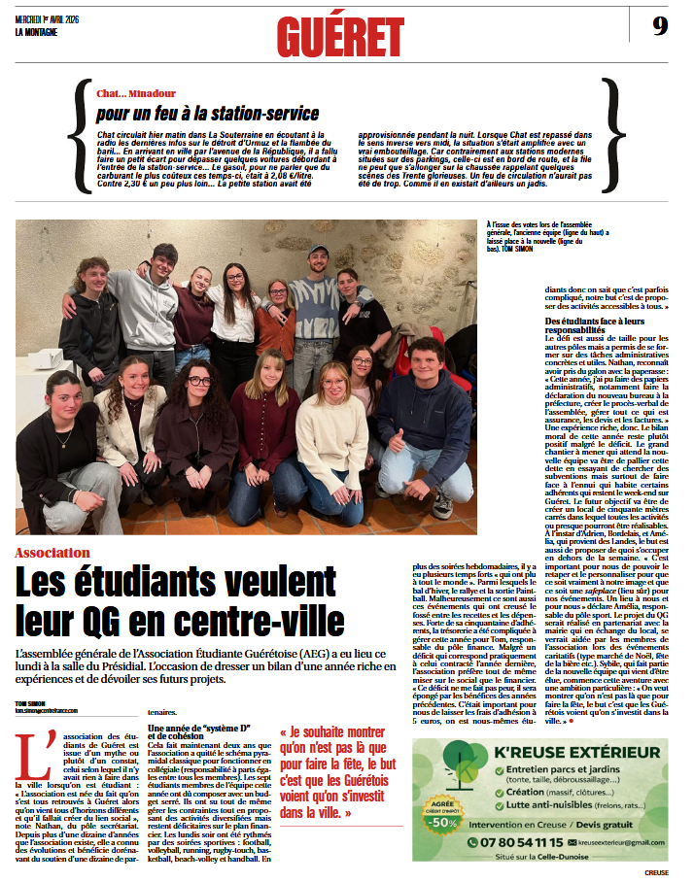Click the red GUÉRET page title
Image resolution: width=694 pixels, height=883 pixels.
[340, 37]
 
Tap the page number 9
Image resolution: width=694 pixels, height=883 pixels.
[660, 26]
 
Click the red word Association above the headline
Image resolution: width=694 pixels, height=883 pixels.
[80, 553]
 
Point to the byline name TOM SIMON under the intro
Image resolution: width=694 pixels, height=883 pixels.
[29, 702]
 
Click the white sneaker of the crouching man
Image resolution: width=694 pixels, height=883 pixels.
[442, 506]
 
